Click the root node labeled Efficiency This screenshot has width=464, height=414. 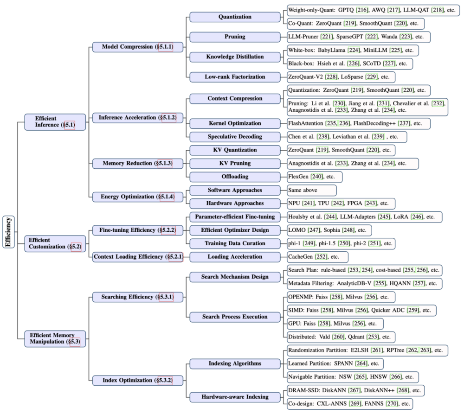pos(8,232)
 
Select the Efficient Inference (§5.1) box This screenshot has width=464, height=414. pos(55,122)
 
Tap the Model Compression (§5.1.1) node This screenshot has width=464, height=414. pos(138,47)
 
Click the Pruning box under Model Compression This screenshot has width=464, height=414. pos(235,37)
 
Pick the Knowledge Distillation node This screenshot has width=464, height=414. pos(235,57)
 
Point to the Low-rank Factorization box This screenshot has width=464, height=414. pos(235,77)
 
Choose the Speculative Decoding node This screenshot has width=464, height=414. pos(235,137)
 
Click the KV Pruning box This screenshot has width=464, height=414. pos(235,164)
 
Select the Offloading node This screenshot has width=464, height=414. pos(235,177)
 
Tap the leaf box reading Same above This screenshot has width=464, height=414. pos(312,191)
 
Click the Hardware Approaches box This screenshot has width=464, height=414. pos(235,204)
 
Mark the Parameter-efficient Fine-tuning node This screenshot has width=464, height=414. pos(235,217)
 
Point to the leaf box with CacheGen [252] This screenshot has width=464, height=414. pos(317,257)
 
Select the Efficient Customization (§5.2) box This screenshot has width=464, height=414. pos(55,244)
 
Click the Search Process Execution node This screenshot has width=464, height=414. pos(235,317)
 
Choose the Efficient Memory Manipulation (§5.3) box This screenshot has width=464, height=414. pos(55,339)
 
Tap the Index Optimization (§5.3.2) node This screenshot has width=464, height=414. pos(138,381)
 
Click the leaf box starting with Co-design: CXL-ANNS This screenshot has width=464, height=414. pos(350,404)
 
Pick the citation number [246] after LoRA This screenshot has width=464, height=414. pos(417,217)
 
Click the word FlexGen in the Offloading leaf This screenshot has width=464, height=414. pos(298,177)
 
